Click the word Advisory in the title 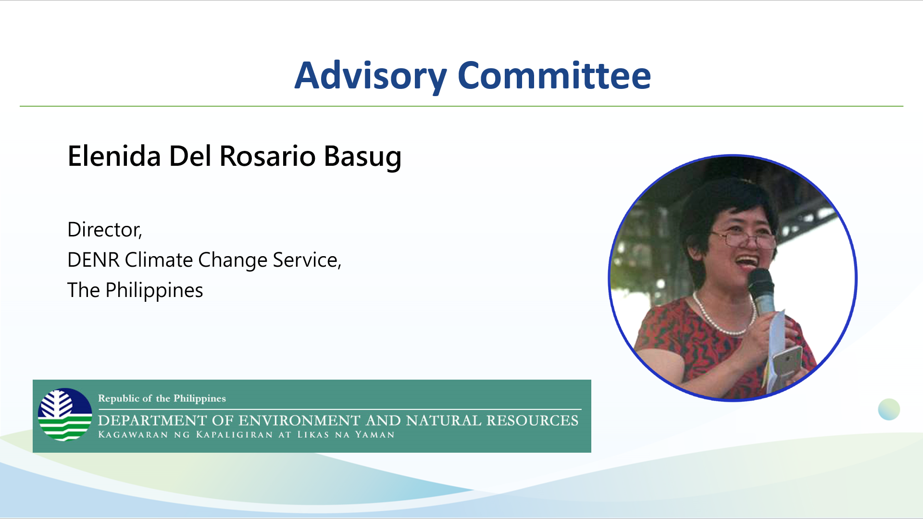click(371, 76)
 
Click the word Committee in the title click(554, 76)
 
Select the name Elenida click(114, 156)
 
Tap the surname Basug click(362, 156)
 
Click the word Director click(104, 230)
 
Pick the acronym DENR click(93, 260)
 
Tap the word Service click(306, 260)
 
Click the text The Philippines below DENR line click(135, 290)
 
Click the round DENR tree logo click(65, 415)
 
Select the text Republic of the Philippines click(162, 398)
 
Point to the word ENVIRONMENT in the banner click(299, 420)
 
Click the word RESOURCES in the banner click(532, 420)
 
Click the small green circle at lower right click(888, 409)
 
